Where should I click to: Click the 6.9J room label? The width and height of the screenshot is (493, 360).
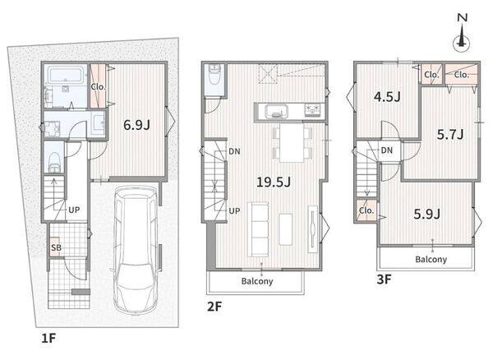(136, 125)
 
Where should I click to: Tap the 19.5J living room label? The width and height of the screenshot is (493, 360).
(274, 182)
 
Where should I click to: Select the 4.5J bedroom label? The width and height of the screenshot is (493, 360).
(387, 96)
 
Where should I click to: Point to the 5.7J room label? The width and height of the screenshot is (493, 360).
(450, 135)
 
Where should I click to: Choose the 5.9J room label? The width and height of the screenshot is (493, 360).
(426, 215)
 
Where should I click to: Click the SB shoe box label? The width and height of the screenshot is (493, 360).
(56, 247)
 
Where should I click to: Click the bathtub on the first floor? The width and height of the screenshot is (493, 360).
(65, 75)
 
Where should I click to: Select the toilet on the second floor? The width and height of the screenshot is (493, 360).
(214, 75)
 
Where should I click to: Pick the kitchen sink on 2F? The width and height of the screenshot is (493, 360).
(276, 111)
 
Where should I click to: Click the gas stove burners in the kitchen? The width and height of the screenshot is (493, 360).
(312, 110)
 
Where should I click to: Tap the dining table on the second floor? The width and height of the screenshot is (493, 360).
(292, 142)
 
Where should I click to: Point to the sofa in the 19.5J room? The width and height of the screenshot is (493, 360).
(258, 229)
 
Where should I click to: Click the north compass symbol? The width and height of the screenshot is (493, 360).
(462, 35)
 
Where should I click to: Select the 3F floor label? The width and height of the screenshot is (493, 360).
(384, 279)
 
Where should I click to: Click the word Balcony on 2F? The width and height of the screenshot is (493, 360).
(257, 281)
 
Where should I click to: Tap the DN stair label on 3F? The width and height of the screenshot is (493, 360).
(386, 150)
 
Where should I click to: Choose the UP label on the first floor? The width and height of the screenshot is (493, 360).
(74, 210)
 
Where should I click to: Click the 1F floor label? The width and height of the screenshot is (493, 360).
(48, 339)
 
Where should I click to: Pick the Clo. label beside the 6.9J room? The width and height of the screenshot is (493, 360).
(98, 87)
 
